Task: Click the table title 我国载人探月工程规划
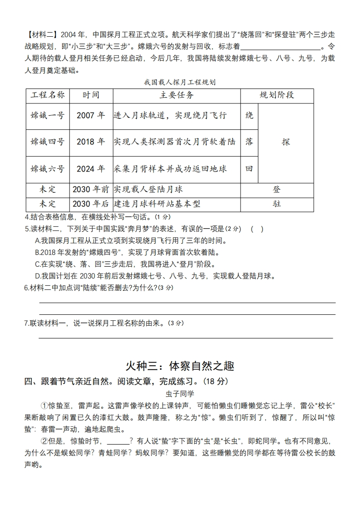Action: (x=179, y=83)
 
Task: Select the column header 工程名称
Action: (x=48, y=95)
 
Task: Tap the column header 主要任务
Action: (x=177, y=95)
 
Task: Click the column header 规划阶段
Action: (x=276, y=95)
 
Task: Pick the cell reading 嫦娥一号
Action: (x=48, y=116)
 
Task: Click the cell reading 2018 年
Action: (x=91, y=142)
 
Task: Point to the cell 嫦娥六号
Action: (x=48, y=169)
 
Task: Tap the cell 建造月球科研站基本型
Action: (x=157, y=204)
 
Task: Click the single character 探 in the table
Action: (x=286, y=142)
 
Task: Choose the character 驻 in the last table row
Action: (x=276, y=204)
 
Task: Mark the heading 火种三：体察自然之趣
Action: (x=180, y=366)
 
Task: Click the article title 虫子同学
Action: (x=180, y=393)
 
